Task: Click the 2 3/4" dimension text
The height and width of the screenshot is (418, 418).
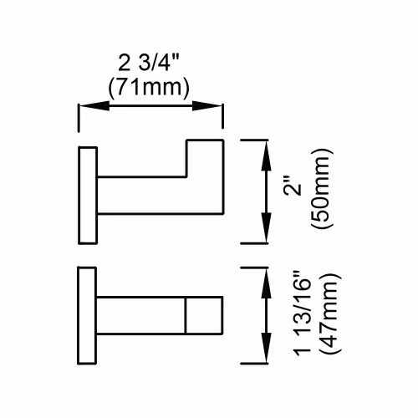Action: point(148,63)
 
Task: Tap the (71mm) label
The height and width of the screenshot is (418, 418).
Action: point(149,87)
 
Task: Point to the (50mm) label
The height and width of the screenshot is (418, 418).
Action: point(323,189)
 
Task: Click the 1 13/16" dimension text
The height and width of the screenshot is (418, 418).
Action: point(303,313)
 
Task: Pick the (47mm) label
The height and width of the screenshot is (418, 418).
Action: point(331,313)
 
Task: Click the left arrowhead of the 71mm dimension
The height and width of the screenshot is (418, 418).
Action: point(94,105)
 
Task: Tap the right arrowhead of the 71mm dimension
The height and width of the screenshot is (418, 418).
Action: point(207,105)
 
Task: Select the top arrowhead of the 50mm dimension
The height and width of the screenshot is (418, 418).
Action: point(266,155)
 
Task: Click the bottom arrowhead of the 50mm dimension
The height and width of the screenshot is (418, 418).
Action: point(266,227)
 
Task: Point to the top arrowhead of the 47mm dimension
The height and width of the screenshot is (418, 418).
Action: point(266,283)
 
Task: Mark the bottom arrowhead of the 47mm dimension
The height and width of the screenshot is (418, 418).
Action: point(266,348)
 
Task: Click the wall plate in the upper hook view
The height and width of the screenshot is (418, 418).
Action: point(88,195)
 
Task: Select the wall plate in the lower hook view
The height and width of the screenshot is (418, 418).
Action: point(87,315)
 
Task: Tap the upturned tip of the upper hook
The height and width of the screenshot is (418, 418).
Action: point(205,157)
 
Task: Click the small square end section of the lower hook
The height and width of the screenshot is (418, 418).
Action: point(204,315)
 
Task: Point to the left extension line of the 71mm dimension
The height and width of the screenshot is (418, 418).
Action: point(79,118)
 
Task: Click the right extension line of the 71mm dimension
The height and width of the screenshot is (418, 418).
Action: point(222,116)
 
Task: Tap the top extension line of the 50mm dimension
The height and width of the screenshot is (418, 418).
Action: point(254,140)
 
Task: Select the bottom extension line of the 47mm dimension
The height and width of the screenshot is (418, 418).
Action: point(254,364)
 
